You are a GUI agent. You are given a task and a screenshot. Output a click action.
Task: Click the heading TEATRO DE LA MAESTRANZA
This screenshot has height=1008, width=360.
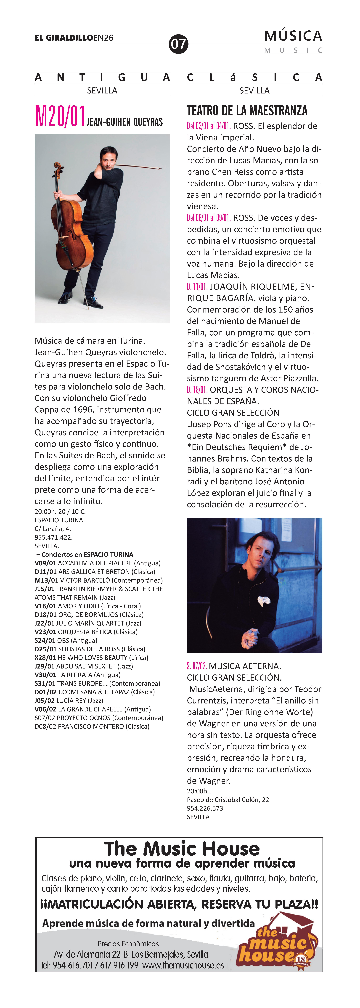coord(247,111)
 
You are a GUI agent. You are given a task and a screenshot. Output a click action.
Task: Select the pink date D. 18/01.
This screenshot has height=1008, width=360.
coord(197,390)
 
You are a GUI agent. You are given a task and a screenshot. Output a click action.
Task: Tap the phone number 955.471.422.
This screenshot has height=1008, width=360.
coord(54,537)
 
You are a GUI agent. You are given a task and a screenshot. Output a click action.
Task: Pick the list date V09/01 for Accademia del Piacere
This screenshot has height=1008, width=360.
coord(45,563)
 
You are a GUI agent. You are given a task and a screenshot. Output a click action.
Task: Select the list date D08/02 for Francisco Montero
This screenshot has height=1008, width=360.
coord(45,726)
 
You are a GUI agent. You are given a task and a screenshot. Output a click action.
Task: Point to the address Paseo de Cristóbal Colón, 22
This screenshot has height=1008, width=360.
coord(228,799)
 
